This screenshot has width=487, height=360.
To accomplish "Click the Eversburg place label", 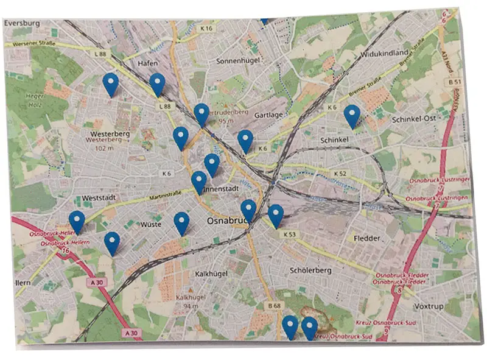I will pyautogui.click(x=22, y=23).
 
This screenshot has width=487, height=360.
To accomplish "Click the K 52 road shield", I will pyautogui.click(x=340, y=174).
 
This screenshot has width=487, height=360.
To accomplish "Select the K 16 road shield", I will pyautogui.click(x=207, y=28).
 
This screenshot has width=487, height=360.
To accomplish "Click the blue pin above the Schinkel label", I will pyautogui.click(x=351, y=116).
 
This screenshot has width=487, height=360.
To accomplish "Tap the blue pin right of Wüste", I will pyautogui.click(x=181, y=223).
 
